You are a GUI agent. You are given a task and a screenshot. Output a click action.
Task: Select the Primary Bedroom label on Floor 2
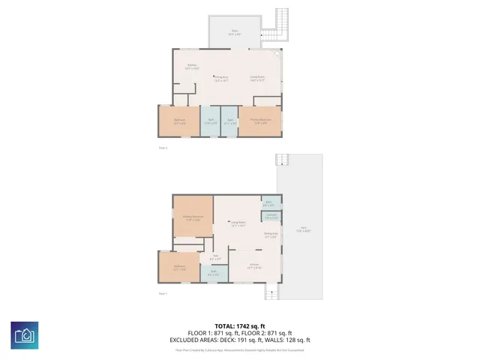(260, 120)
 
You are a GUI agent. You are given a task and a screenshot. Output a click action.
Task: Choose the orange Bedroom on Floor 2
(179, 121)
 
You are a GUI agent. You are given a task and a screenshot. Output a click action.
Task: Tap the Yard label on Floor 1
(302, 231)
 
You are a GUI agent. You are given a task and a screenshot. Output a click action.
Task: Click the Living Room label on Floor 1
(238, 223)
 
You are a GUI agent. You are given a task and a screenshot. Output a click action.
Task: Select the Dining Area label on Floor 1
(271, 236)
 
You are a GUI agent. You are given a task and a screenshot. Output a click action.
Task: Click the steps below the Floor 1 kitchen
(271, 291)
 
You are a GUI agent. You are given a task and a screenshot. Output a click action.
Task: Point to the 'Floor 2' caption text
(163, 148)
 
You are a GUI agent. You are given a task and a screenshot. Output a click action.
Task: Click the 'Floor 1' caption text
(163, 293)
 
